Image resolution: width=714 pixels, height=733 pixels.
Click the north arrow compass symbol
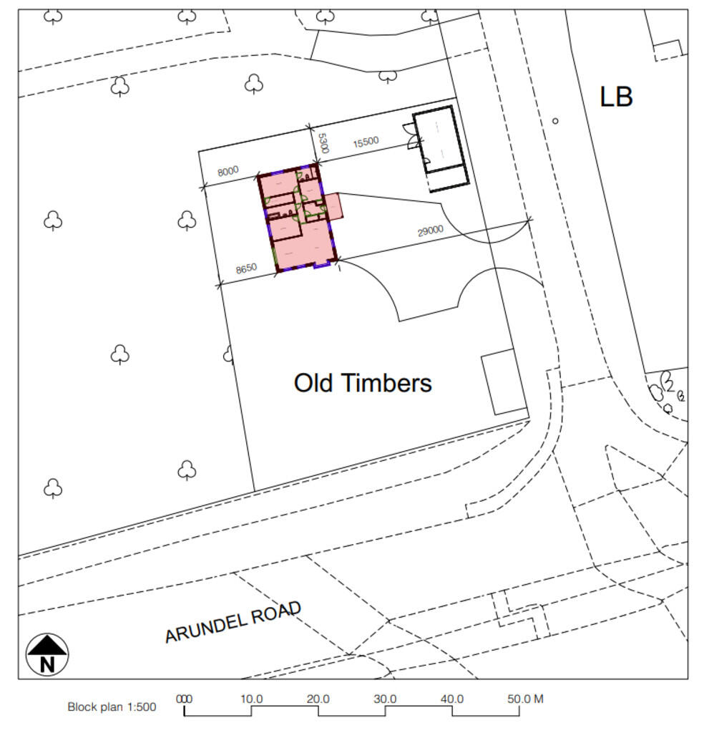coord(47,654)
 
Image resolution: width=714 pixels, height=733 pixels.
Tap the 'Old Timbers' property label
coord(363,383)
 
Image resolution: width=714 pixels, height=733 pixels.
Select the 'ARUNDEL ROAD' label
coord(233,622)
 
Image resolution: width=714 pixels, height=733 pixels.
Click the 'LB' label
coord(616,97)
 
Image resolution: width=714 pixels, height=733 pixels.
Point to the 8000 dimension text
coord(228,172)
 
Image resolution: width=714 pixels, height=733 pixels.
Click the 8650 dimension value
coord(246,268)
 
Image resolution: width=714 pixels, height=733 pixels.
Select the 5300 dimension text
coord(323,142)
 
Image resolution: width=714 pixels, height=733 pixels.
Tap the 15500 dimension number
coord(366,142)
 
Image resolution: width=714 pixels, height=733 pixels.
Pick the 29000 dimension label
coord(431,230)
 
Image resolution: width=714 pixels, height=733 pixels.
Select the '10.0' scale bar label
coord(251,699)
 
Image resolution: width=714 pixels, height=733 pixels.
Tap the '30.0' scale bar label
coord(385,699)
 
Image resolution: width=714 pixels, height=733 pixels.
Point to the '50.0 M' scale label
coord(526,699)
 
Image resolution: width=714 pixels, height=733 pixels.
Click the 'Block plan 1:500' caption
coord(112,707)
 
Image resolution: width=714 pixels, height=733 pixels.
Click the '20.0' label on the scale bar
coord(318,699)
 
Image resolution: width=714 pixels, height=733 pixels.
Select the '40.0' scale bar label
coord(452,699)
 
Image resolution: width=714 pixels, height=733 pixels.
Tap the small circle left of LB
coord(555,121)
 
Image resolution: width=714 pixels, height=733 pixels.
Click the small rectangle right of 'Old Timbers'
coord(504,382)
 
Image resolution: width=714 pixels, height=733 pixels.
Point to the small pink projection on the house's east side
coord(336,206)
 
